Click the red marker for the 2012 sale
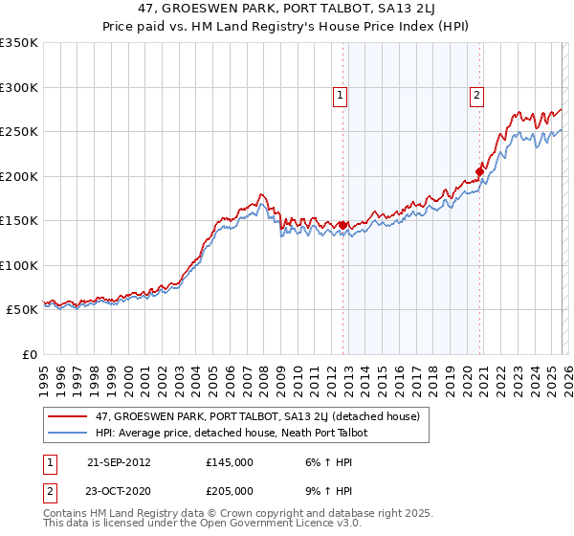342,226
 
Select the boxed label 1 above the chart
340,95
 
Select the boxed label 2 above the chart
476,95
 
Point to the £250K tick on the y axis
19,132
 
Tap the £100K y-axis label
19,265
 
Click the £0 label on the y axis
29,354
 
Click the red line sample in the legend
69,416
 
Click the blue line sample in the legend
69,434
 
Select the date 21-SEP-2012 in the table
119,461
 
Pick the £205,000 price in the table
230,490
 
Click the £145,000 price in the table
230,461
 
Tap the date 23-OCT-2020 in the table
119,490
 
